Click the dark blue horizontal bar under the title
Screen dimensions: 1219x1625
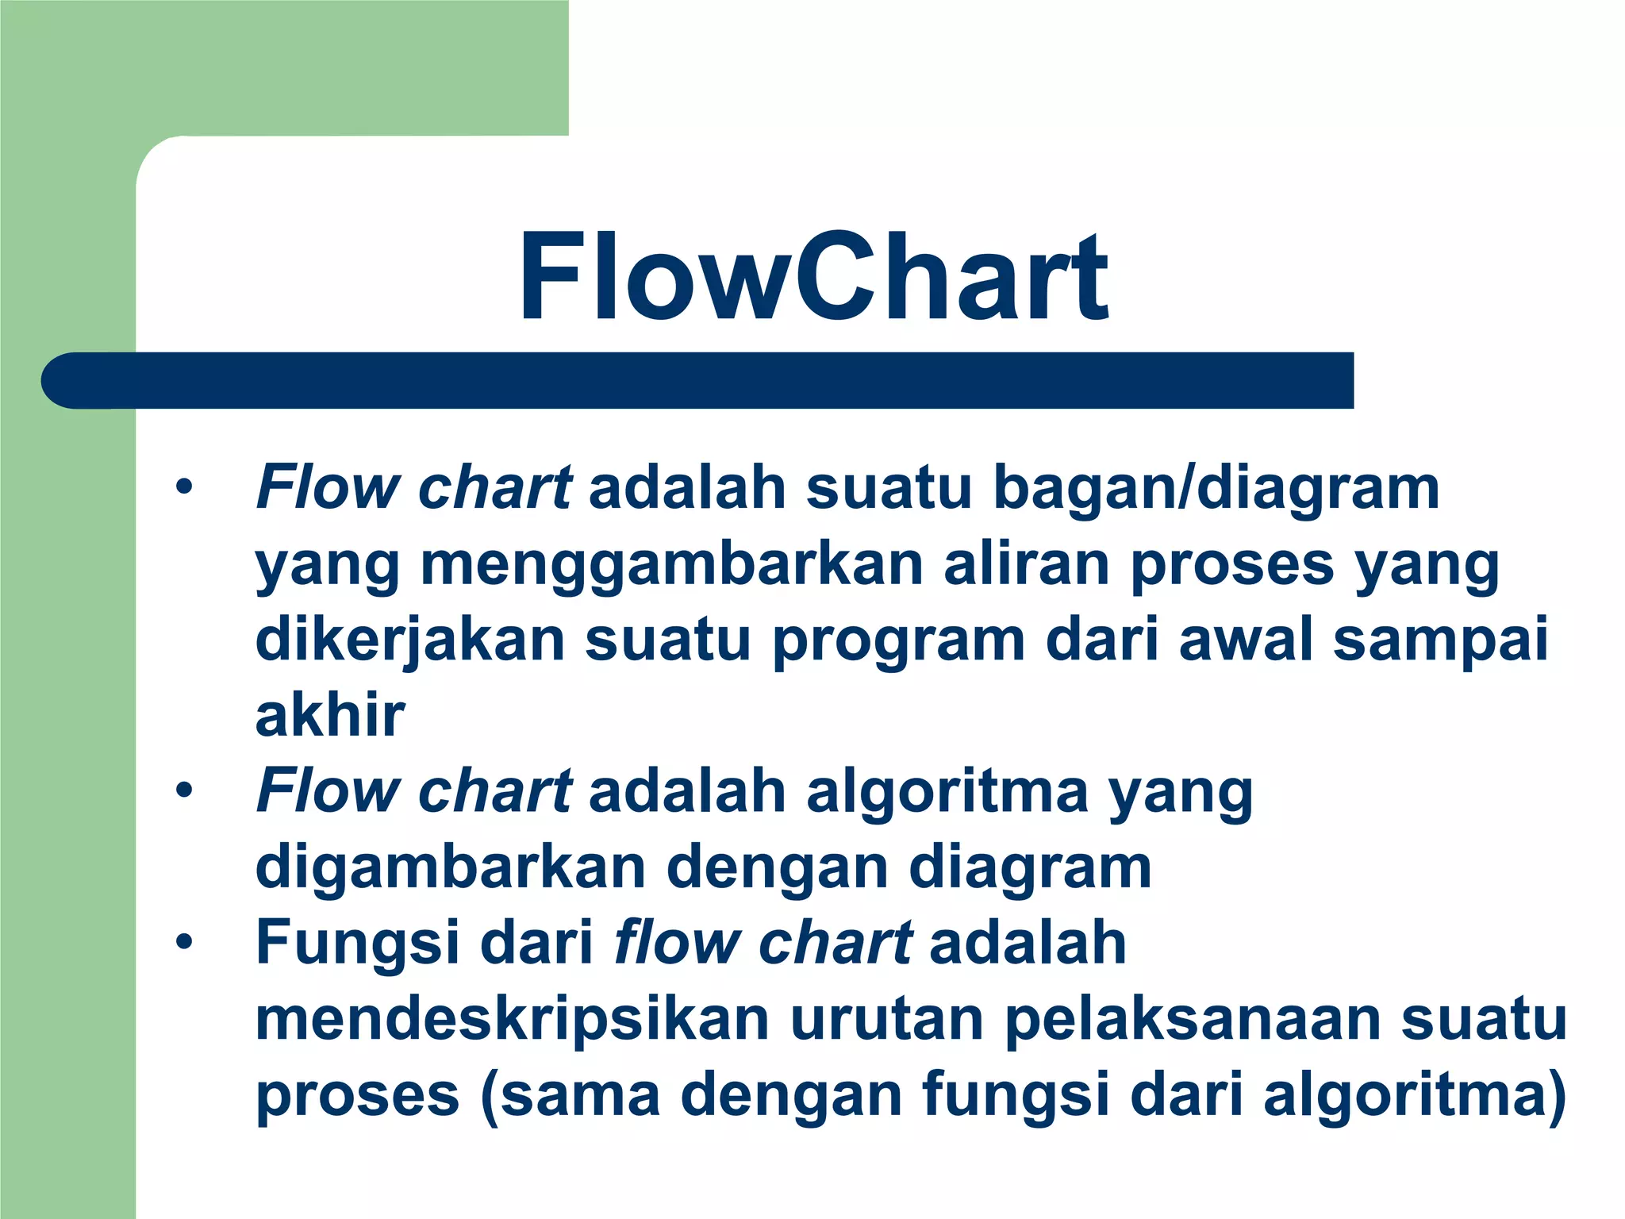click(698, 381)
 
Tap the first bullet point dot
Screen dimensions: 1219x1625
click(184, 486)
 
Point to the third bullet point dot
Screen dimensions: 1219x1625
click(184, 942)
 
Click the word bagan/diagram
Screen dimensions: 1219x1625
click(1216, 487)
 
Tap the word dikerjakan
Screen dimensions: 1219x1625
click(410, 640)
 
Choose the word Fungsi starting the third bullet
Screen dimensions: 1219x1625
click(358, 942)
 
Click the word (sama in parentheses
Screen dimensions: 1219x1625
click(570, 1095)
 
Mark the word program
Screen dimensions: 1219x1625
click(899, 640)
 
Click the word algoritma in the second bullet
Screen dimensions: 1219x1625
click(947, 791)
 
